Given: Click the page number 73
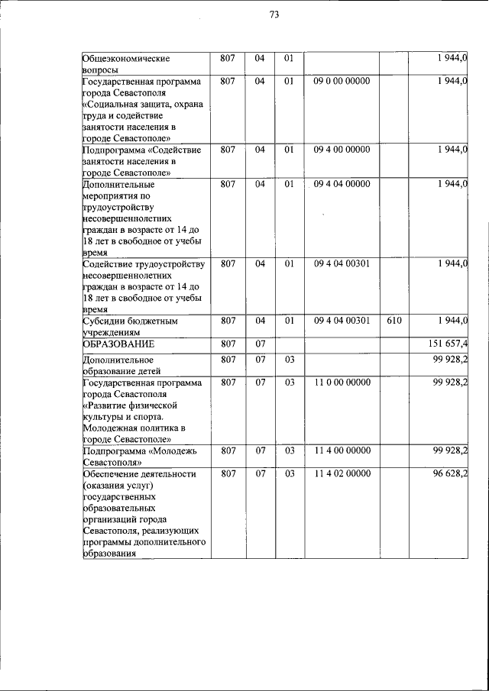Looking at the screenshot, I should click(x=274, y=15).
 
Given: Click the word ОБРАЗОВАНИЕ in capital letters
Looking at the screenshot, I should click(x=114, y=344).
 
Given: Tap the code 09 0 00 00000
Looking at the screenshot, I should click(x=341, y=80).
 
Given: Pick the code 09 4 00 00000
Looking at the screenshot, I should click(x=341, y=149).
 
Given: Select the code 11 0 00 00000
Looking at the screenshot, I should click(x=341, y=382).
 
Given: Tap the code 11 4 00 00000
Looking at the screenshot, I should click(x=341, y=450).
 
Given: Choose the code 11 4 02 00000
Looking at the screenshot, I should click(x=341, y=473).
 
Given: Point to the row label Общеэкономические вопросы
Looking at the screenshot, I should click(x=126, y=63).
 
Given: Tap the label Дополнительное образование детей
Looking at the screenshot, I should click(x=118, y=365).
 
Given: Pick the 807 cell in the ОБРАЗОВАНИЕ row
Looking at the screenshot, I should click(x=228, y=344).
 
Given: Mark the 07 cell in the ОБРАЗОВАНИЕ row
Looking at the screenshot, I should click(x=259, y=344).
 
